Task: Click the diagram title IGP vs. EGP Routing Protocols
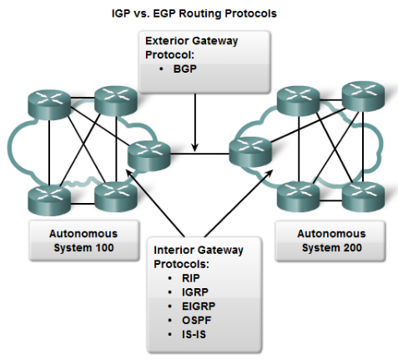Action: (x=199, y=14)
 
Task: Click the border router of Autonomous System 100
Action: (x=149, y=155)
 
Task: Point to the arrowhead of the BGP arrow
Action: (x=194, y=148)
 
